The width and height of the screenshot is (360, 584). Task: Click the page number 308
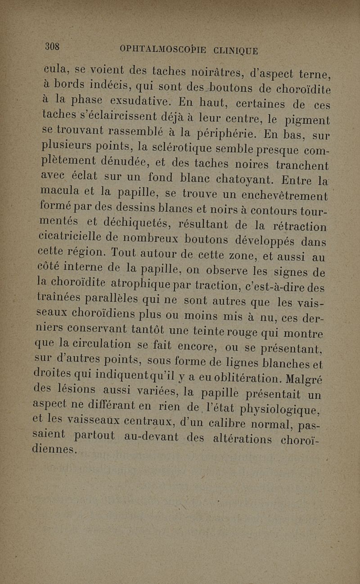(x=53, y=47)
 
